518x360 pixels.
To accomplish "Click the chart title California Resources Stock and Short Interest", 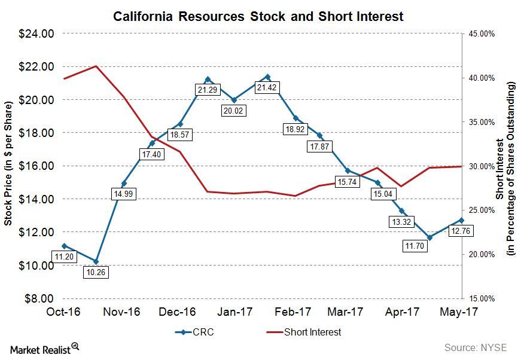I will pos(258,16).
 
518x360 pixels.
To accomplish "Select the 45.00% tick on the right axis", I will pos(481,34).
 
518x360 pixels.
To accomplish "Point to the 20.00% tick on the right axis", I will pos(481,254).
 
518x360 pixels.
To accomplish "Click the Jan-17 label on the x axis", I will pos(234,312).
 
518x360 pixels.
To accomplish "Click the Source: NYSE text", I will pos(476,347).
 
